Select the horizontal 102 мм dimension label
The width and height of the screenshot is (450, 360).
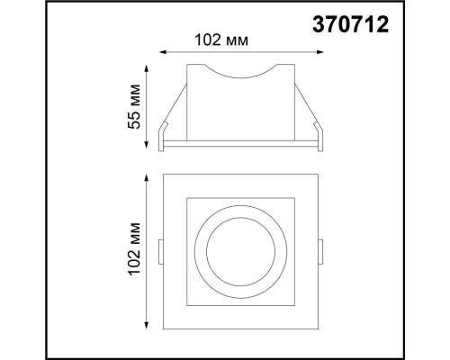coord(220,40)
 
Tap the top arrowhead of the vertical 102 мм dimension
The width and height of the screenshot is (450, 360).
coord(147,173)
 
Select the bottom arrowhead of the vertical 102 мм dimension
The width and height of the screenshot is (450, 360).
coord(147,326)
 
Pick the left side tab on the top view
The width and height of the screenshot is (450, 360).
coord(160,251)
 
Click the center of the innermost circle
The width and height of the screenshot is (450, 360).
coord(241,249)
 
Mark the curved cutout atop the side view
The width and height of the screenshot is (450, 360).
coord(241,71)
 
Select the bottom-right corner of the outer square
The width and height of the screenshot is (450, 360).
coord(319,327)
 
